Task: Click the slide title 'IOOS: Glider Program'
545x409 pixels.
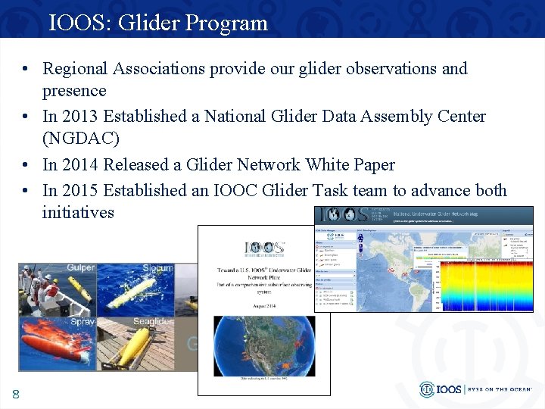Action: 158,23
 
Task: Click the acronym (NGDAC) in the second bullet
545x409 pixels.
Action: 81,139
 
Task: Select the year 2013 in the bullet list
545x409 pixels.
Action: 81,117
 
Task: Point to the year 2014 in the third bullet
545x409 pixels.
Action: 81,164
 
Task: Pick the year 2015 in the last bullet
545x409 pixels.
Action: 81,190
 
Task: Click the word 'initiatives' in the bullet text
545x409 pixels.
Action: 78,212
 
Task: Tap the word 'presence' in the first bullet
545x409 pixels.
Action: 74,91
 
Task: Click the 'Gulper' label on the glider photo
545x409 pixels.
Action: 81,268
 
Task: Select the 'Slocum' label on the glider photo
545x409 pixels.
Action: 157,268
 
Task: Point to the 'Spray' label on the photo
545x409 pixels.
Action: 83,322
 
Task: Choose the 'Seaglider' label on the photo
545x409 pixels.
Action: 153,322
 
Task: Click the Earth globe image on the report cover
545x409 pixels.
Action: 263,345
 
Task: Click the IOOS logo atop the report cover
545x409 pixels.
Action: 263,248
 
